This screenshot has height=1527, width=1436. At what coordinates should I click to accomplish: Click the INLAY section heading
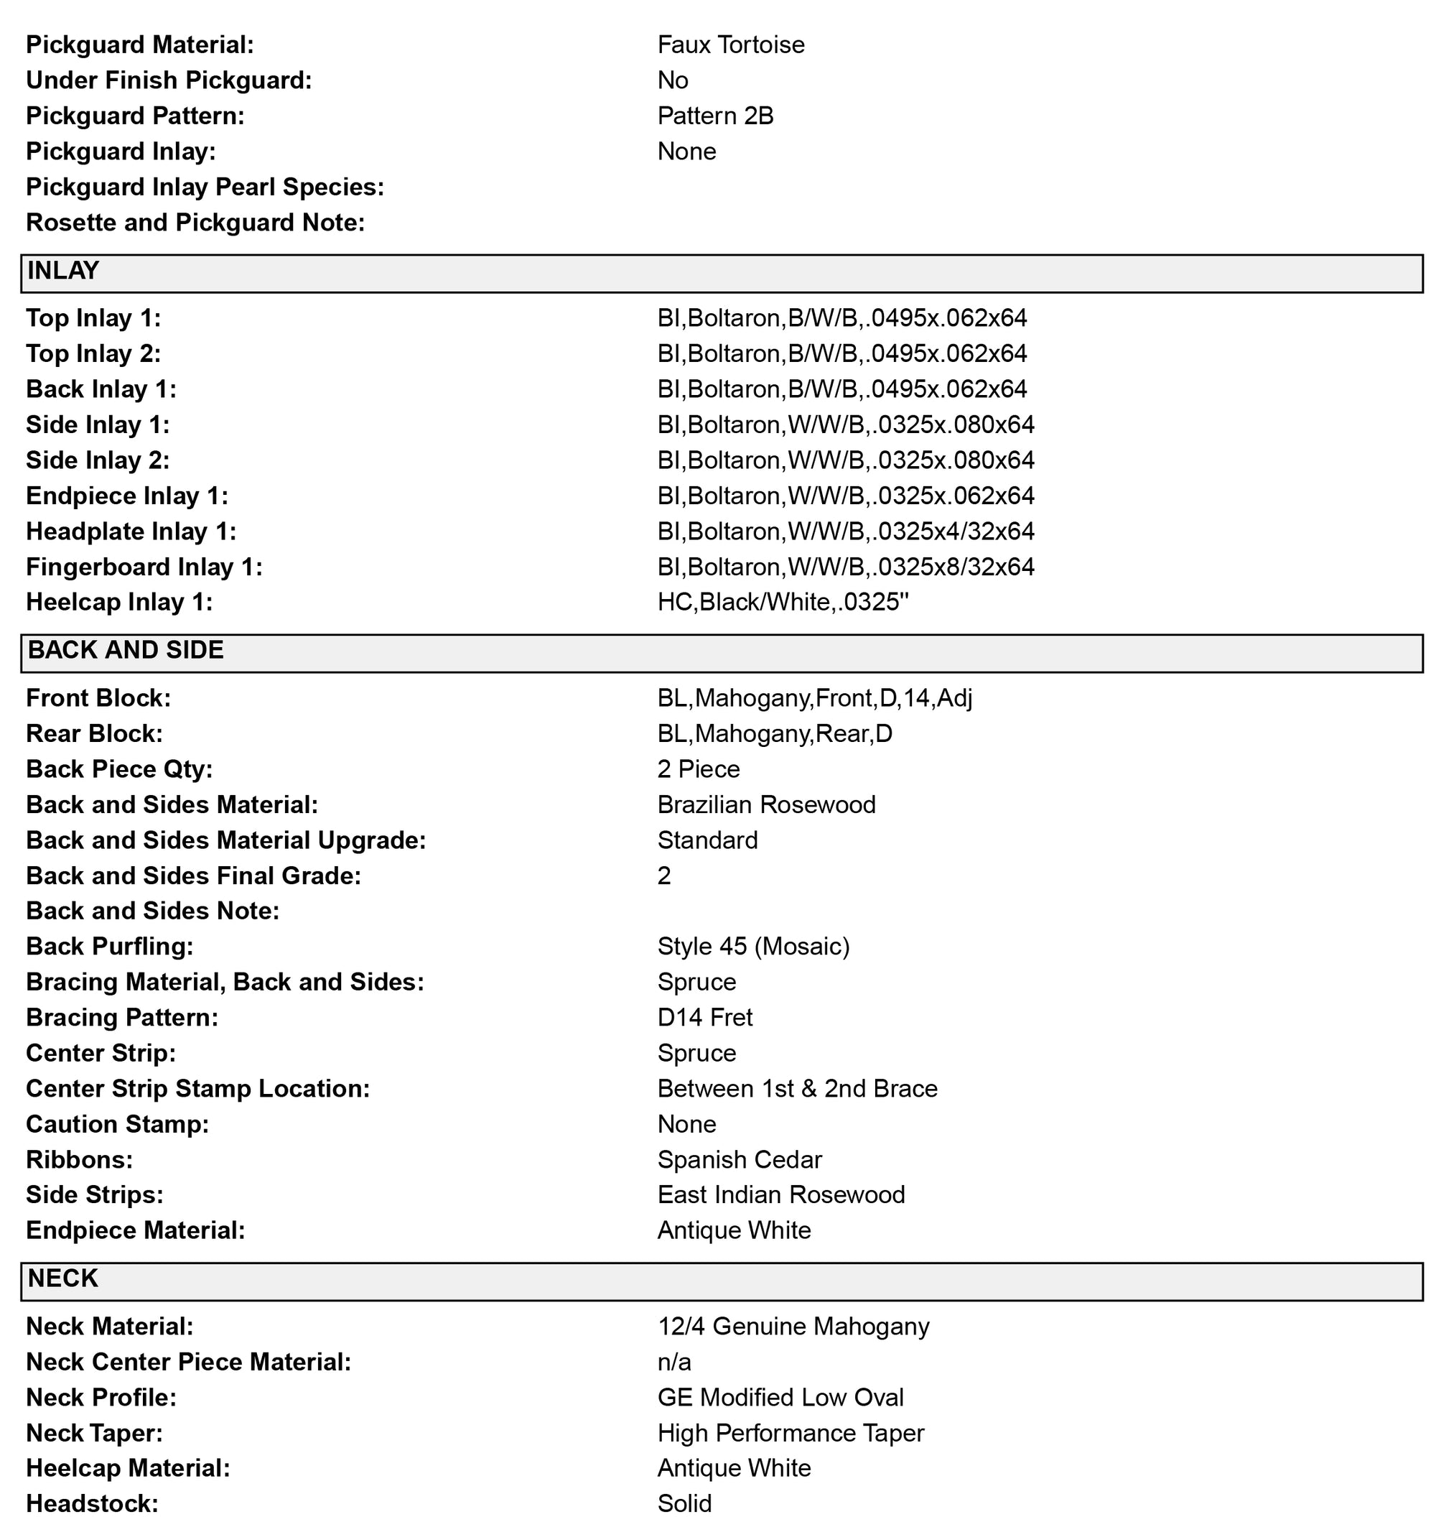click(x=63, y=271)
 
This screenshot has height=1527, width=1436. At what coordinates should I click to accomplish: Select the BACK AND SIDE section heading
click(x=126, y=651)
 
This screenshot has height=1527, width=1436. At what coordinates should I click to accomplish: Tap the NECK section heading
click(x=63, y=1278)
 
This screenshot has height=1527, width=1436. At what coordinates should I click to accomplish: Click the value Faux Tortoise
click(x=730, y=45)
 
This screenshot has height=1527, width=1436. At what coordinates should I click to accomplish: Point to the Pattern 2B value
click(x=715, y=116)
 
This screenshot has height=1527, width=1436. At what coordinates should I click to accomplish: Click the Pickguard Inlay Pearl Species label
click(x=205, y=187)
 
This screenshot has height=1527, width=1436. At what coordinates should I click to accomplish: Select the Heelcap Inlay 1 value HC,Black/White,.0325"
click(x=783, y=602)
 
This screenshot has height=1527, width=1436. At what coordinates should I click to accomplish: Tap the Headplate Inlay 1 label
click(x=131, y=532)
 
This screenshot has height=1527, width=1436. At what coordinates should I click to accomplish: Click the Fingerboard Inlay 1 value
click(x=846, y=567)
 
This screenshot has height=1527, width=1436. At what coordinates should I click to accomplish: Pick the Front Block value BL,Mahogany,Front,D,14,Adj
click(x=815, y=698)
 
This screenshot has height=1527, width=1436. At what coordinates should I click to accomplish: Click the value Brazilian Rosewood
click(x=766, y=805)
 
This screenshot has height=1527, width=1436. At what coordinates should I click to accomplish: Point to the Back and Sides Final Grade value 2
click(x=664, y=876)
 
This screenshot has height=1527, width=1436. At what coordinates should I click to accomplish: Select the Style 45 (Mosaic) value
click(x=753, y=947)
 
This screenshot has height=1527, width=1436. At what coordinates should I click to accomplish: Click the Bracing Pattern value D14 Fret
click(x=705, y=1018)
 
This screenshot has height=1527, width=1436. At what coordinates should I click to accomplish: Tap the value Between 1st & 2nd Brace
click(x=797, y=1089)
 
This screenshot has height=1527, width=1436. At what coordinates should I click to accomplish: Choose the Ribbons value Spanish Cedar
click(x=740, y=1160)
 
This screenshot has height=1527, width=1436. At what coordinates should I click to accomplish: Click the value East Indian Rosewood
click(x=781, y=1195)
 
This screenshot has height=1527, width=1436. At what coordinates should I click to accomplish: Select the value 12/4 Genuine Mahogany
click(x=793, y=1327)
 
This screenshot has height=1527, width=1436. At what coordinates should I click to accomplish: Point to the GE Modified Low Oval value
click(x=780, y=1397)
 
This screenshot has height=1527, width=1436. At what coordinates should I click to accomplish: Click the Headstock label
click(x=92, y=1503)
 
